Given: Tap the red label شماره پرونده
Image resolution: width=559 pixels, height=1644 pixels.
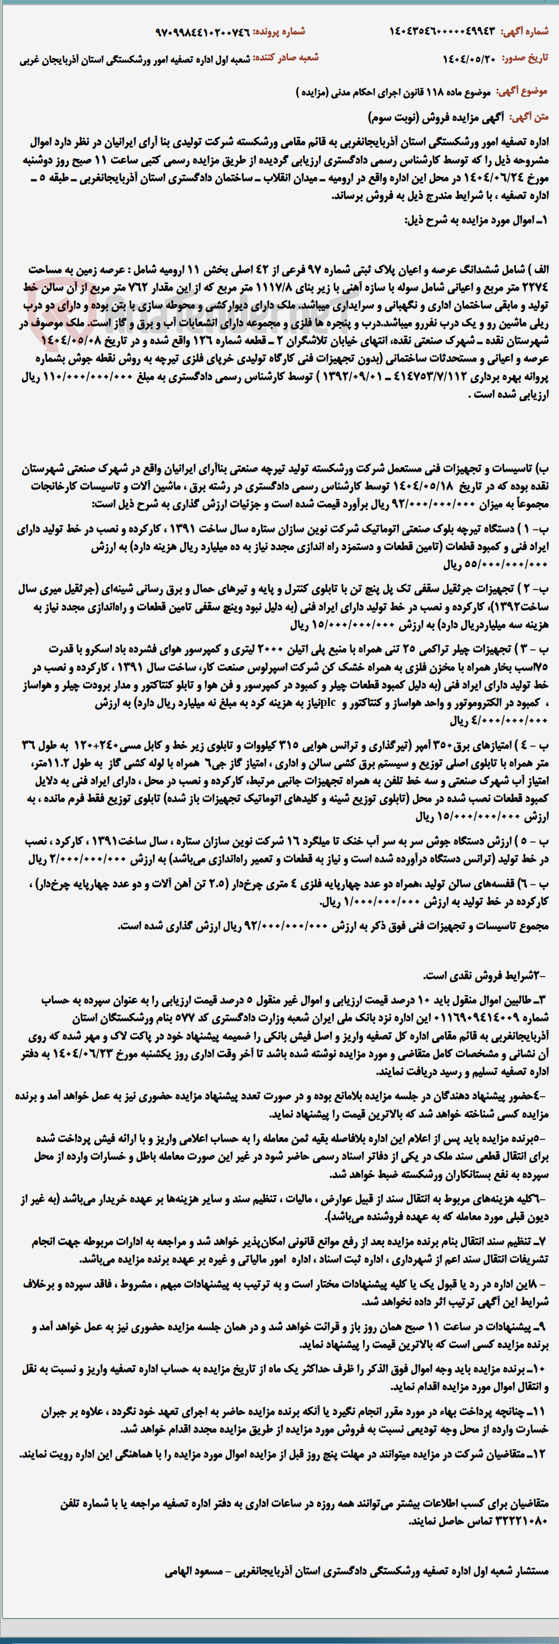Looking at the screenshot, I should click(279, 31).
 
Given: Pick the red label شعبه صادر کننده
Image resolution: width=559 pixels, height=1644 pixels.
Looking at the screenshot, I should click(286, 58).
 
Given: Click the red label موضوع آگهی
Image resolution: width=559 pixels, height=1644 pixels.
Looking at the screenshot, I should click(521, 92).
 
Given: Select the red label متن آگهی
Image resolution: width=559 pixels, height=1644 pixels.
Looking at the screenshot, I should click(529, 117).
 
